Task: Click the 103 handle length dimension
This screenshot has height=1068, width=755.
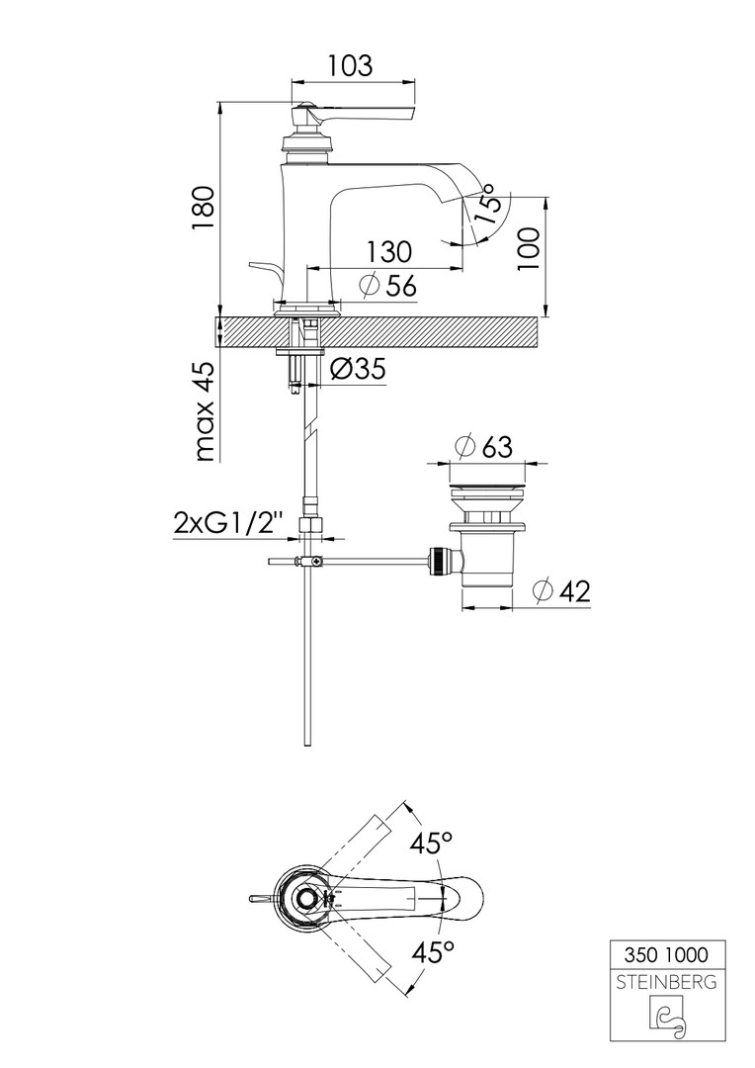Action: point(351,66)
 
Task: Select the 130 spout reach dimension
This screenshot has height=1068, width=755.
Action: point(389,251)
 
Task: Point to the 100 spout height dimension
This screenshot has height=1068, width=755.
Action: point(528,248)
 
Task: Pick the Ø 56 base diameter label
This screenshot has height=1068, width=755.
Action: point(387,286)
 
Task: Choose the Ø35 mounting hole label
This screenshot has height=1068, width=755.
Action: point(358,369)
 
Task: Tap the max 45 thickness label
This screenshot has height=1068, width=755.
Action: point(204,412)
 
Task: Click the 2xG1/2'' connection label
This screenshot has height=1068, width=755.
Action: point(228,524)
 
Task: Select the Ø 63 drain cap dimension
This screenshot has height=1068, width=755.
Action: point(483,447)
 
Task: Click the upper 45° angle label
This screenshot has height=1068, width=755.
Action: point(431,844)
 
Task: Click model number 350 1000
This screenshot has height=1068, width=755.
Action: point(666,954)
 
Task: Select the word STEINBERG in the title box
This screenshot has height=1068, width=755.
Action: point(666,982)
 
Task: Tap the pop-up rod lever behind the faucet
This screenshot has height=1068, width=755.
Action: point(266,271)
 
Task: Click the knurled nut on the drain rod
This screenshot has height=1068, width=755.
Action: point(437,562)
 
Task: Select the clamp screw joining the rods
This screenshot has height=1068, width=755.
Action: point(310,562)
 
